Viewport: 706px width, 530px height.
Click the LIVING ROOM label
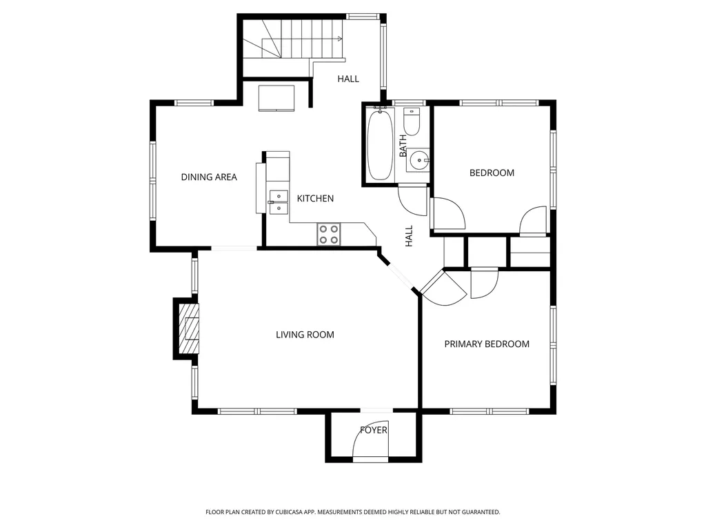click(305, 335)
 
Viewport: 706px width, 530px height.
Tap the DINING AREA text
click(209, 177)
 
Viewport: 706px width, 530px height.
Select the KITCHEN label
click(315, 198)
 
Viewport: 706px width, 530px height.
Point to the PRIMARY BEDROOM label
click(487, 344)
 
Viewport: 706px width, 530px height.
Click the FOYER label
click(373, 431)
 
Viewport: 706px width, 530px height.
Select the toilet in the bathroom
click(411, 121)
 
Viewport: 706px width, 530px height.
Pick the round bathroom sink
click(418, 159)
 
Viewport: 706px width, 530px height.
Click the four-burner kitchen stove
click(329, 235)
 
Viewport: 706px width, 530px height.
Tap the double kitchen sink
click(279, 202)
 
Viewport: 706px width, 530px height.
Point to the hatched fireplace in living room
click(189, 328)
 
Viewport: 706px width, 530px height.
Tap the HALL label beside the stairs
click(348, 79)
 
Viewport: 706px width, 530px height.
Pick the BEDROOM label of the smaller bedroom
click(492, 173)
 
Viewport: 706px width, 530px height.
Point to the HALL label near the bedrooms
click(409, 236)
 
